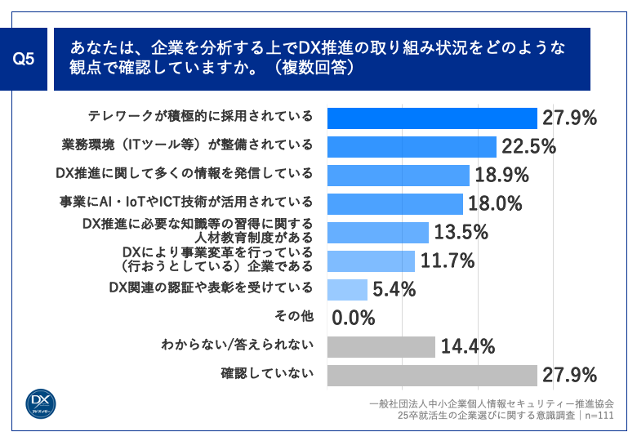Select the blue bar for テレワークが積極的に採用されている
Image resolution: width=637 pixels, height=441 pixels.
[x=431, y=118]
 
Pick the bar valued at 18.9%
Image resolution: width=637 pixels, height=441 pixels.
[x=398, y=175]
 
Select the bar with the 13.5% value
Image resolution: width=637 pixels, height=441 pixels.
[x=377, y=232]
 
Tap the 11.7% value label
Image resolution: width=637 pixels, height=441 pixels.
[x=447, y=261]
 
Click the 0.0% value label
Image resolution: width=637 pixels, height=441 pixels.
[x=354, y=317]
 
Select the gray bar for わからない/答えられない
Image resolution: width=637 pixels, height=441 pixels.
[x=381, y=346]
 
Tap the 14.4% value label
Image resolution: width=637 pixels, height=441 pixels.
[x=468, y=346]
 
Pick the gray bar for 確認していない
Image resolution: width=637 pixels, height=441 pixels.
[x=431, y=375]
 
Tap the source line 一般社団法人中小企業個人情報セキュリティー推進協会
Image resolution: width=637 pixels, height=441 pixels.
[x=491, y=403]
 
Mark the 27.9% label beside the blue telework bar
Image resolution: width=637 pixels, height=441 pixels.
[x=569, y=118]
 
